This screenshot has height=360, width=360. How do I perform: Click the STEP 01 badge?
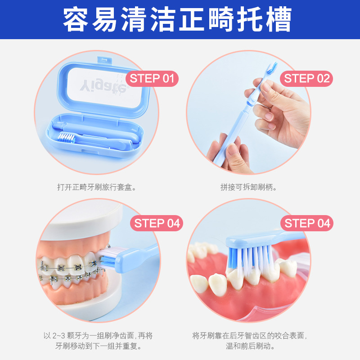152,78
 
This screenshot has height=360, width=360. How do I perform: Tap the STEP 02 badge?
306,78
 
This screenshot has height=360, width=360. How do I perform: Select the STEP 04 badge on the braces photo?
157,223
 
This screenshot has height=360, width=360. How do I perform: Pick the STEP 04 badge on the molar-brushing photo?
307,223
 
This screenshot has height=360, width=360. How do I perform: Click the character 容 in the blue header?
76,19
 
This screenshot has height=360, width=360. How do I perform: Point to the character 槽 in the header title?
279,19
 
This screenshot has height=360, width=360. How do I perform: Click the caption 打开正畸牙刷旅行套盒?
97,187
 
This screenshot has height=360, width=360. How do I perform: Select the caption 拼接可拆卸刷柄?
248,187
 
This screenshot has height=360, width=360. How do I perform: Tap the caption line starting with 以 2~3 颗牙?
98,336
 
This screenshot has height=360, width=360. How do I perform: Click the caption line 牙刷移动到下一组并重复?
98,346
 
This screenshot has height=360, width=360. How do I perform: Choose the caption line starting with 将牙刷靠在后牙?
250,336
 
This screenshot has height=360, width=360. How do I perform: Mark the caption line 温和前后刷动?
250,346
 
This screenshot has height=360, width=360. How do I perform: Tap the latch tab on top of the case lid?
104,60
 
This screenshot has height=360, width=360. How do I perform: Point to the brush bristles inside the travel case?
66,138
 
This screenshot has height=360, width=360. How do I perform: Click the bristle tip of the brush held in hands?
272,68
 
